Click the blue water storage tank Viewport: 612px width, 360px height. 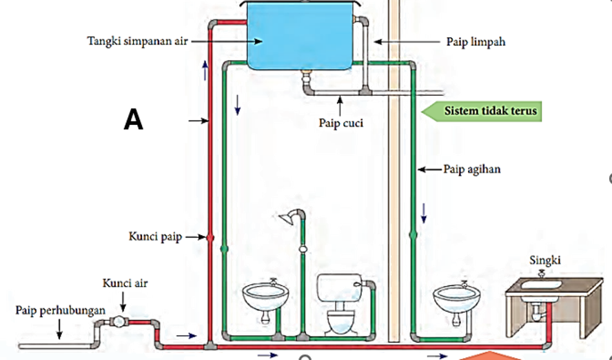[x=300, y=36]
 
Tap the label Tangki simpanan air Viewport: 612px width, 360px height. [x=137, y=41]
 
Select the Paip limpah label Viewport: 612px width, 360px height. [x=476, y=42]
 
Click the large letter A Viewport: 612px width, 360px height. [x=134, y=119]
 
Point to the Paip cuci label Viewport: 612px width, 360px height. [x=340, y=123]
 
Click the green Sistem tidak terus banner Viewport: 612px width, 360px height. [x=482, y=111]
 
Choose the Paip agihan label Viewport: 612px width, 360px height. [x=472, y=169]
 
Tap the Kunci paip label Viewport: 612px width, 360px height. [x=155, y=237]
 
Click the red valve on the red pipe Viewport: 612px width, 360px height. [x=210, y=237]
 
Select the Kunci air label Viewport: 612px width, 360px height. [x=125, y=283]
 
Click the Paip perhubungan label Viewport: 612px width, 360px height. [x=61, y=310]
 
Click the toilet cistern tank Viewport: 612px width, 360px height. [x=339, y=288]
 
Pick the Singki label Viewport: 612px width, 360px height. [x=545, y=260]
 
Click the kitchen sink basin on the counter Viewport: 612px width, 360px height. [x=541, y=285]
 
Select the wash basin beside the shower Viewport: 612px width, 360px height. [x=265, y=299]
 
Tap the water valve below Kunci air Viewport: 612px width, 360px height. [x=119, y=322]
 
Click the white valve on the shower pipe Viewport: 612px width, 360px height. [x=303, y=249]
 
